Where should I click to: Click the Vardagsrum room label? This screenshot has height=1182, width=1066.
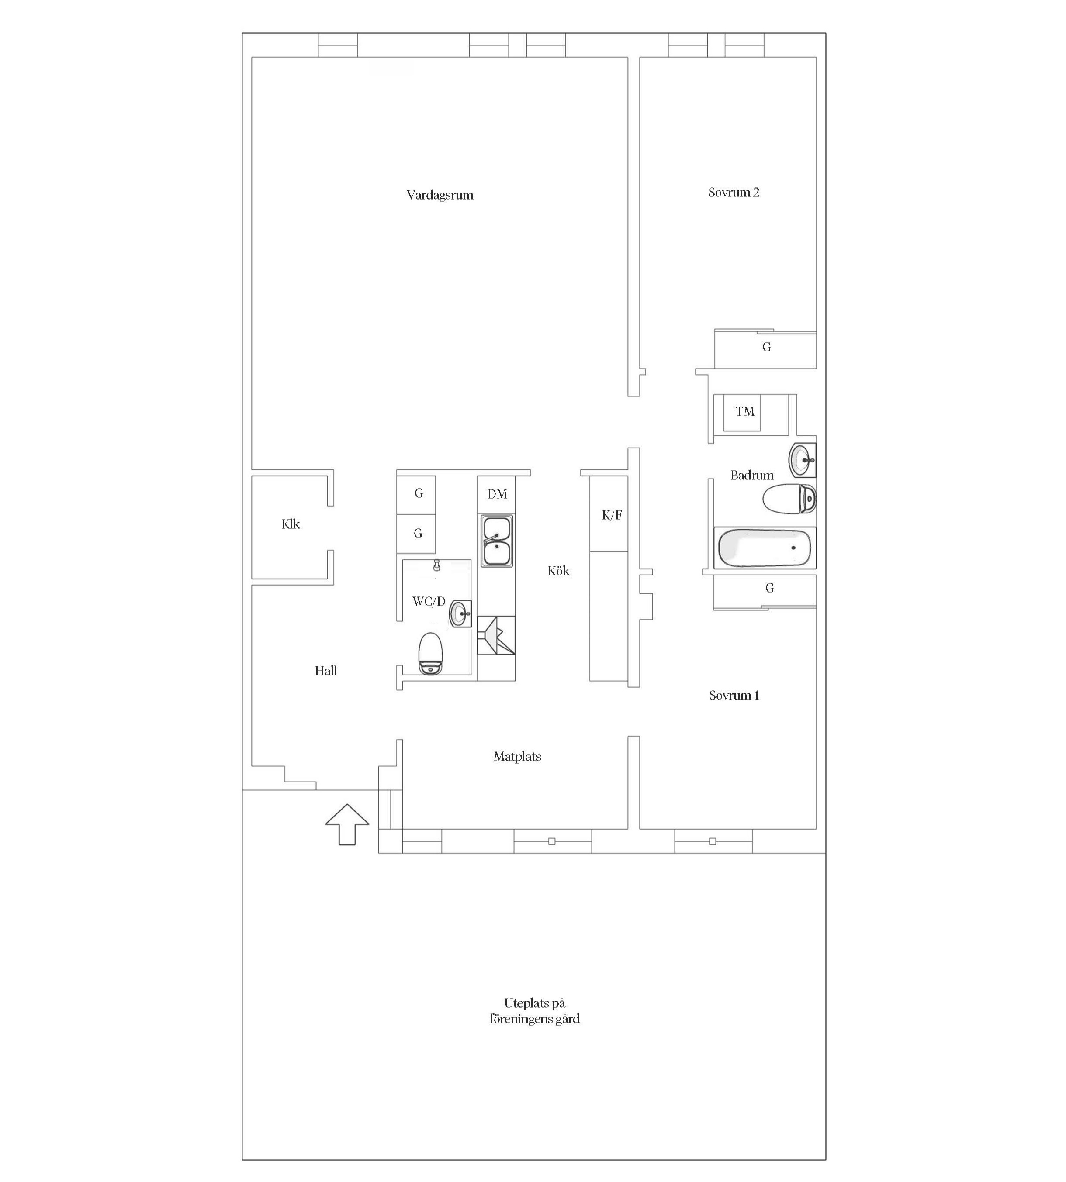click(x=440, y=195)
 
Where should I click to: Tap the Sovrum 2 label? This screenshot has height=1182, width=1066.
click(x=734, y=192)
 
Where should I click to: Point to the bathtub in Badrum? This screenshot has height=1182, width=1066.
click(x=765, y=548)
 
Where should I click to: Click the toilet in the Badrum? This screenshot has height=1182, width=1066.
click(x=789, y=499)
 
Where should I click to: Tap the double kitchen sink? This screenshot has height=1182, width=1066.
click(x=497, y=541)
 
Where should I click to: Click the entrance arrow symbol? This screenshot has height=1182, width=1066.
click(x=347, y=824)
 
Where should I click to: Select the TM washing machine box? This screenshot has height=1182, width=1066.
click(x=742, y=412)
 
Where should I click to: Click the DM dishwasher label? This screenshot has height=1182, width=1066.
click(x=497, y=494)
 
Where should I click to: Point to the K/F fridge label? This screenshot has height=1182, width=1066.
click(x=612, y=515)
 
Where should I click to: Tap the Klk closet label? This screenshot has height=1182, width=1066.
click(x=291, y=524)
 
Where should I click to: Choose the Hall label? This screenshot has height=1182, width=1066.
click(x=325, y=671)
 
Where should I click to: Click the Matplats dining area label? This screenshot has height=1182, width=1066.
click(x=517, y=756)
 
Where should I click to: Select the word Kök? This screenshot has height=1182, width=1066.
click(x=558, y=571)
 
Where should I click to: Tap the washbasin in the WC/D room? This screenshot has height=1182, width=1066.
click(x=461, y=613)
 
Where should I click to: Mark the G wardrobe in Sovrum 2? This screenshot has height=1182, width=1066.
click(x=765, y=349)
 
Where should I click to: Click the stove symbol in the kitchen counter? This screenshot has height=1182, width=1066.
click(x=496, y=635)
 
